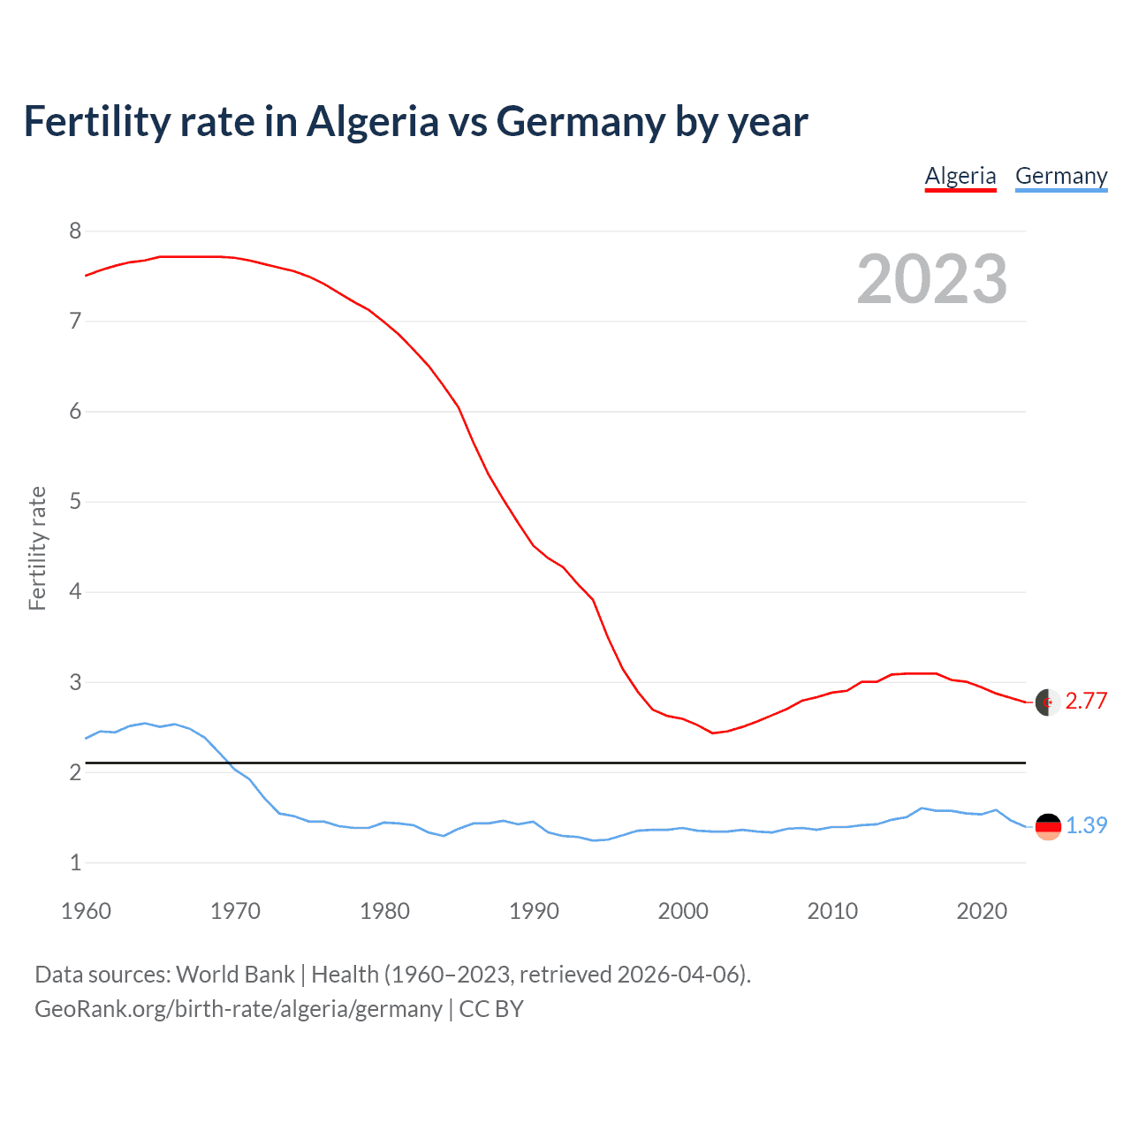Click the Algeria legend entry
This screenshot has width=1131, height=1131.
point(960,176)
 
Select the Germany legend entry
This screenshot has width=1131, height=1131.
point(1061,176)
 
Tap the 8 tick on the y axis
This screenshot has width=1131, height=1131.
point(75,232)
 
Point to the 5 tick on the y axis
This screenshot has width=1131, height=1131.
point(75,502)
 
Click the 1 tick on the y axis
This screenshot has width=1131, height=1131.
point(75,862)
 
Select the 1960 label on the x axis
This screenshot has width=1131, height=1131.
point(86,911)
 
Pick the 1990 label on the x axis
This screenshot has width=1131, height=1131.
point(534,911)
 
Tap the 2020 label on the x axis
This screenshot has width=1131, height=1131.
point(982,911)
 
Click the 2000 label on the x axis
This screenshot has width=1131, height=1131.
point(683,911)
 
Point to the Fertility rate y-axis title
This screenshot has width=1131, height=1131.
point(37,548)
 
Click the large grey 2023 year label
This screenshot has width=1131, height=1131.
point(932,279)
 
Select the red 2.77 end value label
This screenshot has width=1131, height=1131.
point(1086,702)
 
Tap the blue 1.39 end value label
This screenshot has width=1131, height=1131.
point(1086,825)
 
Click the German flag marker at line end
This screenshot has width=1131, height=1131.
point(1048,827)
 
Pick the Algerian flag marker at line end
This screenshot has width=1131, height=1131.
point(1048,702)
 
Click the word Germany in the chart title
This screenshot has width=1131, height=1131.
point(581,122)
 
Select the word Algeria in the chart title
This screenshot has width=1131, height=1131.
point(372,122)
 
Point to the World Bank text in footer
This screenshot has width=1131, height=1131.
point(235,975)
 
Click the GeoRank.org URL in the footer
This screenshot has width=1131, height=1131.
point(239,1009)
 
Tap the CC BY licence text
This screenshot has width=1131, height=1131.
point(491,1009)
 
